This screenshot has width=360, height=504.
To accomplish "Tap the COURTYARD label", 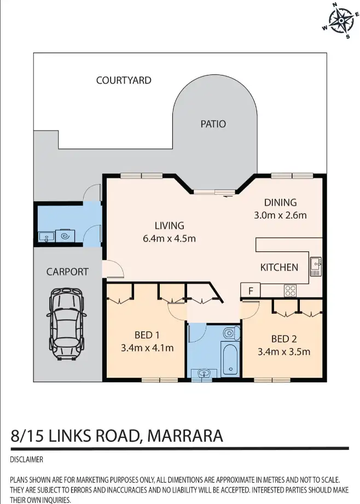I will [124, 80].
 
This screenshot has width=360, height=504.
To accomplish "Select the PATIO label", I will [213, 124].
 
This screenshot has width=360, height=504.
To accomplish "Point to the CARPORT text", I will [67, 272].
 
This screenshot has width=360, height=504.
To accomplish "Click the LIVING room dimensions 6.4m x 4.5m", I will [169, 238].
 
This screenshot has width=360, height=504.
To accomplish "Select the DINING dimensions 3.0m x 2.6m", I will [281, 215].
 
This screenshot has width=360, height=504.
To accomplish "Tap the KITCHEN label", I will [279, 267].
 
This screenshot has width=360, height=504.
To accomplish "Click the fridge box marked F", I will [251, 291].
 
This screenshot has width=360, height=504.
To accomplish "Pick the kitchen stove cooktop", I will [290, 290].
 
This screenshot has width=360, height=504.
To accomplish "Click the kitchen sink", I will [315, 266].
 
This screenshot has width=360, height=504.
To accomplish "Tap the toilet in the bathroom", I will [231, 333].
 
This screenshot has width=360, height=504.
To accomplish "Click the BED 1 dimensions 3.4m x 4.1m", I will [146, 348].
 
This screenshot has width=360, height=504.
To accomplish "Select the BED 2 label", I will [284, 339].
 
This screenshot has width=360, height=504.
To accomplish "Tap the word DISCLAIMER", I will [26, 460].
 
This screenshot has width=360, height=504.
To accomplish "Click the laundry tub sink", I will [45, 237].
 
